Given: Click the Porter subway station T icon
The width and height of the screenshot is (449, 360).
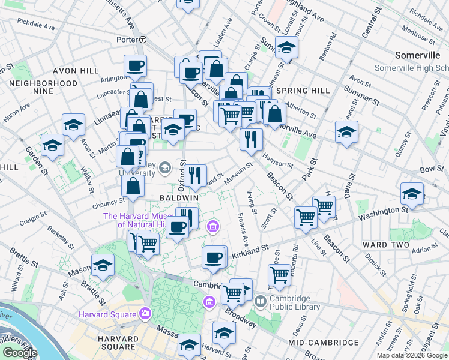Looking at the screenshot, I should [x=143, y=40].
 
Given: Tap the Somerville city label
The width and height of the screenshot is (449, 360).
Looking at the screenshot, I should [x=418, y=55].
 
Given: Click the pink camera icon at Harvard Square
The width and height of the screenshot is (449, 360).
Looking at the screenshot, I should [x=145, y=313].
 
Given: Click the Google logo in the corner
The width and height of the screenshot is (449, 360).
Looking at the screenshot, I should [x=20, y=352].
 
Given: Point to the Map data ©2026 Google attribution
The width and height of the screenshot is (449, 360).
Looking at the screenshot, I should [x=412, y=355].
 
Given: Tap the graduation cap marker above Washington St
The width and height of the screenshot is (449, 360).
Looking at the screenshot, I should [x=411, y=194].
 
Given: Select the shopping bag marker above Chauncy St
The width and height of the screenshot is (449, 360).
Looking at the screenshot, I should [x=133, y=186].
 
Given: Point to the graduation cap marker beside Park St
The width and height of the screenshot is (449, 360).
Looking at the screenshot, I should [x=346, y=132].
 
